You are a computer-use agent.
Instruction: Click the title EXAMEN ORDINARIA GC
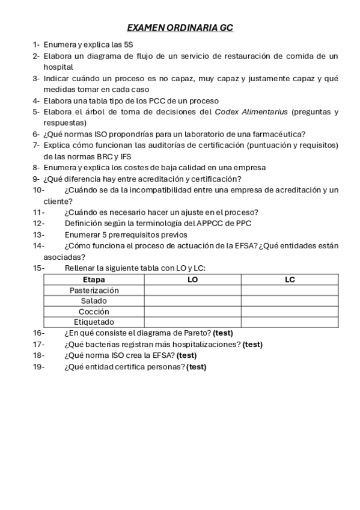[180, 28]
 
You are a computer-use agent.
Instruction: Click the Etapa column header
[93, 280]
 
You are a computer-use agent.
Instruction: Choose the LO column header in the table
[192, 280]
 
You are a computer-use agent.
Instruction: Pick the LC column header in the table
[290, 280]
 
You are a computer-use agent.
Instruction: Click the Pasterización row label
[94, 290]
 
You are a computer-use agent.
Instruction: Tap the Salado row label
[94, 301]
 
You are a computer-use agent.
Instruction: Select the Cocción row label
[94, 312]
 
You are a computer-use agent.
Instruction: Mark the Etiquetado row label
[94, 322]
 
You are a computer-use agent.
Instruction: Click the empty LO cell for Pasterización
[192, 290]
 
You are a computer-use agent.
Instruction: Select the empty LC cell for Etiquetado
[290, 322]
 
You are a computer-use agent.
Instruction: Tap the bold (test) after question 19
[197, 367]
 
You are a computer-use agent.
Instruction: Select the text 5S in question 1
[129, 45]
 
